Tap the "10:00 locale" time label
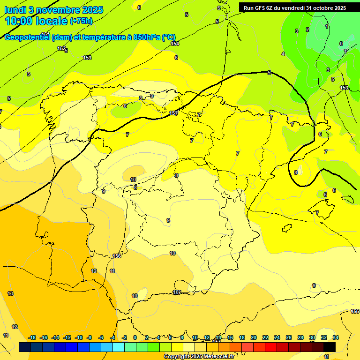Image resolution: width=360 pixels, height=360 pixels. pyautogui.click(x=36, y=21)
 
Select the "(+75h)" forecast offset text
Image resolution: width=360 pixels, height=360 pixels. pyautogui.click(x=82, y=21)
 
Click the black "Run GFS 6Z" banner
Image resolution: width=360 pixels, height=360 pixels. pyautogui.click(x=294, y=7)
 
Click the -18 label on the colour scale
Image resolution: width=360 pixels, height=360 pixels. pyautogui.click(x=32, y=337)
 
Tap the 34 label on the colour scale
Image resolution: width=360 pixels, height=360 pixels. pyautogui.click(x=336, y=337)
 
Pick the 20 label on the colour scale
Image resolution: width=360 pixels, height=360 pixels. pyautogui.click(x=254, y=337)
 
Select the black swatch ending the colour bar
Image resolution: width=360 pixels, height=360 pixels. pyautogui.click(x=330, y=347)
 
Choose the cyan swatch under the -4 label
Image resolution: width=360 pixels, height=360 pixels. pyautogui.click(x=119, y=347)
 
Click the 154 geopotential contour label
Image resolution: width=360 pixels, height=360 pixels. pyautogui.click(x=175, y=44)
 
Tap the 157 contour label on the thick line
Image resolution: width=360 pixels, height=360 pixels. pyautogui.click(x=173, y=113)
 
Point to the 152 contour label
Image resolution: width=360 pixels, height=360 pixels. pyautogui.click(x=61, y=48)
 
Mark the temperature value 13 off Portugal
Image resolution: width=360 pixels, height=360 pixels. pyautogui.click(x=10, y=293)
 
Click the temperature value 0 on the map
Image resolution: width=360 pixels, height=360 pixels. pyautogui.click(x=341, y=44)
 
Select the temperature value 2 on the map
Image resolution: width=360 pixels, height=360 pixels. pyautogui.click(x=307, y=30)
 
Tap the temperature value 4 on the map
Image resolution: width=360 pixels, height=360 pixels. pyautogui.click(x=283, y=54)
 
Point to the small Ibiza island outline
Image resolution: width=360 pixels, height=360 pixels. pyautogui.click(x=287, y=228)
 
